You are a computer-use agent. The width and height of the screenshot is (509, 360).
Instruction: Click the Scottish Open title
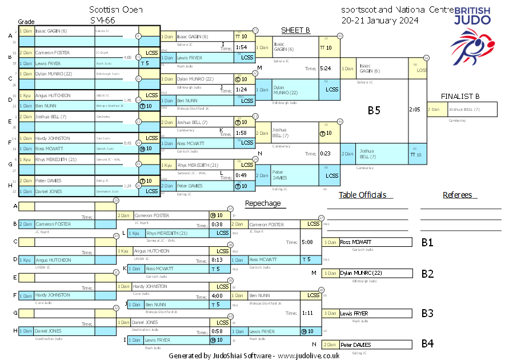coord(116,10)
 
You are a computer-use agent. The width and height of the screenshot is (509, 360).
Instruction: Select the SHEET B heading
coord(295,30)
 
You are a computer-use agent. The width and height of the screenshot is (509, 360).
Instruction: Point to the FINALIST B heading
coord(460,96)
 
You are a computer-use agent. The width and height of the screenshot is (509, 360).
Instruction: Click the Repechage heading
coord(263,203)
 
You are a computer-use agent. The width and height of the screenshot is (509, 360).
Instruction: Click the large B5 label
coord(374,111)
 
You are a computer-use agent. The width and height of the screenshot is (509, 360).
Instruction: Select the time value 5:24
coord(326,69)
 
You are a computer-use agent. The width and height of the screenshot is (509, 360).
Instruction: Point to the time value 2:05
coord(415,109)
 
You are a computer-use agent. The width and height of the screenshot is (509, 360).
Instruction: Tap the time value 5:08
coord(307,242)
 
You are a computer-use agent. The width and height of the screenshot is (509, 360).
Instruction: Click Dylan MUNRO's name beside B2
coord(361,273)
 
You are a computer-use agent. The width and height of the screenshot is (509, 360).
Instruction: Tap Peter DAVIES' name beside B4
coord(355,345)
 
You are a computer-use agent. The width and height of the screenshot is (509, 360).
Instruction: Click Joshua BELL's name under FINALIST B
coord(464,109)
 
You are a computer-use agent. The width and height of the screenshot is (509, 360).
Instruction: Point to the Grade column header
coord(26,21)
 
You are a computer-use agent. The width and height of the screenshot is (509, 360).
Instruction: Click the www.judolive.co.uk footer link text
coord(308,355)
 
